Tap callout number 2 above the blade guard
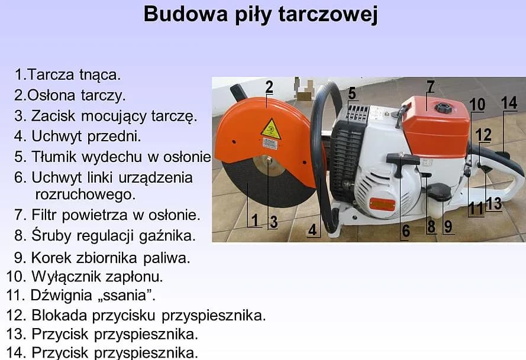tap(269, 87)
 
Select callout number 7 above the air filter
tap(430, 86)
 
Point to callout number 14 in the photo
tap(509, 102)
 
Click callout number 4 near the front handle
tap(312, 230)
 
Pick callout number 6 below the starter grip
tap(406, 231)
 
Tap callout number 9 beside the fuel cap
tap(448, 226)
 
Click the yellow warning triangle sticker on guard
tap(271, 128)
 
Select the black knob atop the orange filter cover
tap(441, 109)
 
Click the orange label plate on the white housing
tap(382, 205)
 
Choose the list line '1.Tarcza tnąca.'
tap(68, 74)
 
